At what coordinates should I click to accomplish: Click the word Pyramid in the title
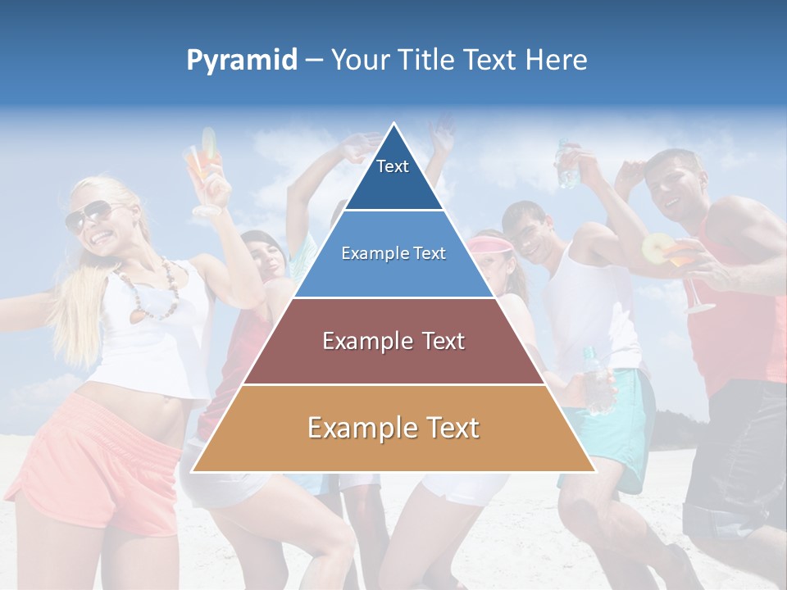tap(242, 61)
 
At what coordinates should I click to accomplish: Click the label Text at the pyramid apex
tap(393, 166)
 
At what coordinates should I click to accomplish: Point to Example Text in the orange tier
tap(393, 428)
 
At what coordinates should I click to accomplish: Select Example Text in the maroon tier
tap(393, 341)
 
